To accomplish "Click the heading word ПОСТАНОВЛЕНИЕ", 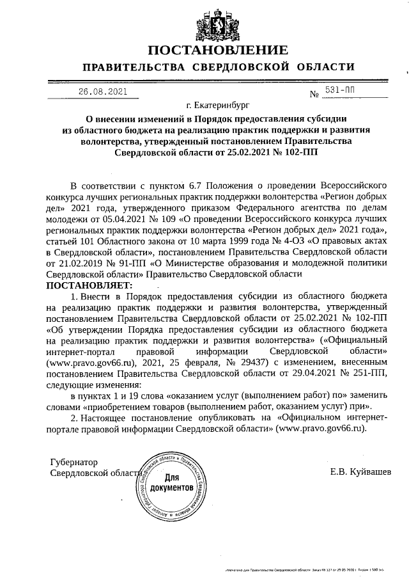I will pos(218,51).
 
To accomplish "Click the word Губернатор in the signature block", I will pos(74,461).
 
